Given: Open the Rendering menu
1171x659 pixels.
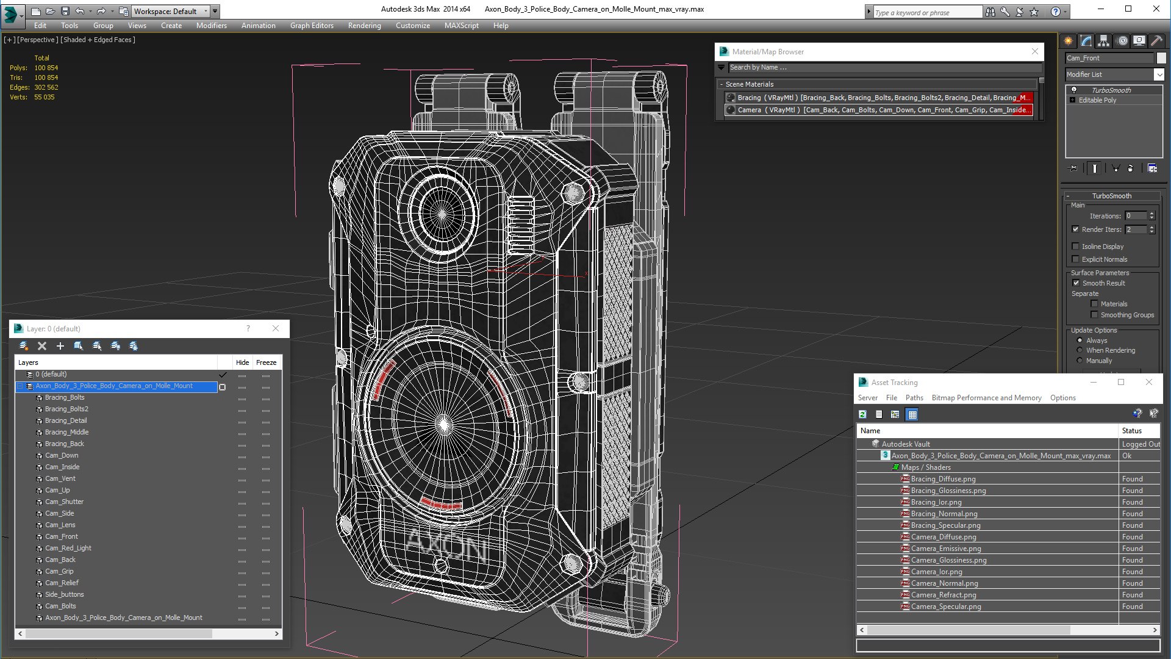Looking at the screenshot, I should tap(364, 26).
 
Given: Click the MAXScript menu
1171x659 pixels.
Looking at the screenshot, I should tap(461, 26).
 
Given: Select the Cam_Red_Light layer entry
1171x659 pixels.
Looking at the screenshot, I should tap(68, 548).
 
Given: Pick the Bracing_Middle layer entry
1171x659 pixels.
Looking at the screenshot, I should tap(66, 432).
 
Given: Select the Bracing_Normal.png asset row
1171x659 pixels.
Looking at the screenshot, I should tap(944, 514).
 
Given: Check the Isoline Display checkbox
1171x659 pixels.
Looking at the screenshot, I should tap(1076, 247).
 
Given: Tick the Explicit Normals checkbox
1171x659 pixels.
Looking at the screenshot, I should tap(1076, 259).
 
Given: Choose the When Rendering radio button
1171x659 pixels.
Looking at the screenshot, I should tap(1080, 350).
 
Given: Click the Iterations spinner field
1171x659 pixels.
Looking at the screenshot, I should tap(1136, 216).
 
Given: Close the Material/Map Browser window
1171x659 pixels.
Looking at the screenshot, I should tap(1035, 51).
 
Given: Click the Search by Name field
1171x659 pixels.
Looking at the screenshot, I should tap(878, 68).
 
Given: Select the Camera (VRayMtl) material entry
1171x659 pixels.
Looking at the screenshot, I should tap(878, 110).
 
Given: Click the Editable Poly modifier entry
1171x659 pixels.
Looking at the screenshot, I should tap(1097, 100).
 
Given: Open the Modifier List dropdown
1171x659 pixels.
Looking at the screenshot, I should tap(1159, 74).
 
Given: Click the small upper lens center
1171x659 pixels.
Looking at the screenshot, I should tap(443, 214).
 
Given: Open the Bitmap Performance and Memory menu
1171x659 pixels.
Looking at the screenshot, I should tap(986, 398).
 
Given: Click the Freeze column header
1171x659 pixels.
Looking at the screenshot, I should tap(266, 362).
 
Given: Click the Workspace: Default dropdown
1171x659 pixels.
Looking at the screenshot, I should tap(171, 11).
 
